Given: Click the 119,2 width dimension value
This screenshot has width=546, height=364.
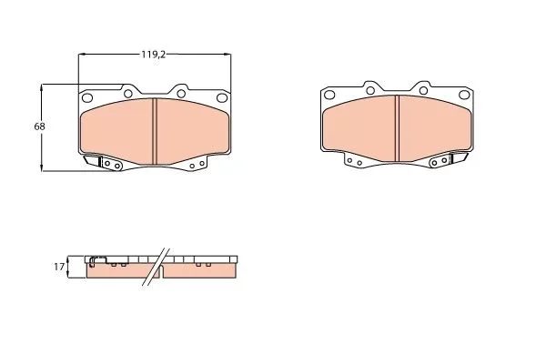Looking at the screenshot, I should [x=153, y=54].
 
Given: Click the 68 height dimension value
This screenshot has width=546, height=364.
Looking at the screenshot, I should [x=39, y=126].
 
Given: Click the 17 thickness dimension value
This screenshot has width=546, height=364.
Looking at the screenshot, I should [x=58, y=267].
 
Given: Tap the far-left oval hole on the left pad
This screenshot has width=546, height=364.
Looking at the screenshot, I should [x=86, y=98].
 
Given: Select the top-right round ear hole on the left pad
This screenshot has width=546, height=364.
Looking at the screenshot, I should [x=181, y=92].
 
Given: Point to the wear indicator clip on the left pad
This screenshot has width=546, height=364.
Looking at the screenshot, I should [x=94, y=162].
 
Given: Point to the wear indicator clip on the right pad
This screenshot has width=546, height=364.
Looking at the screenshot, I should [x=460, y=160].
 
